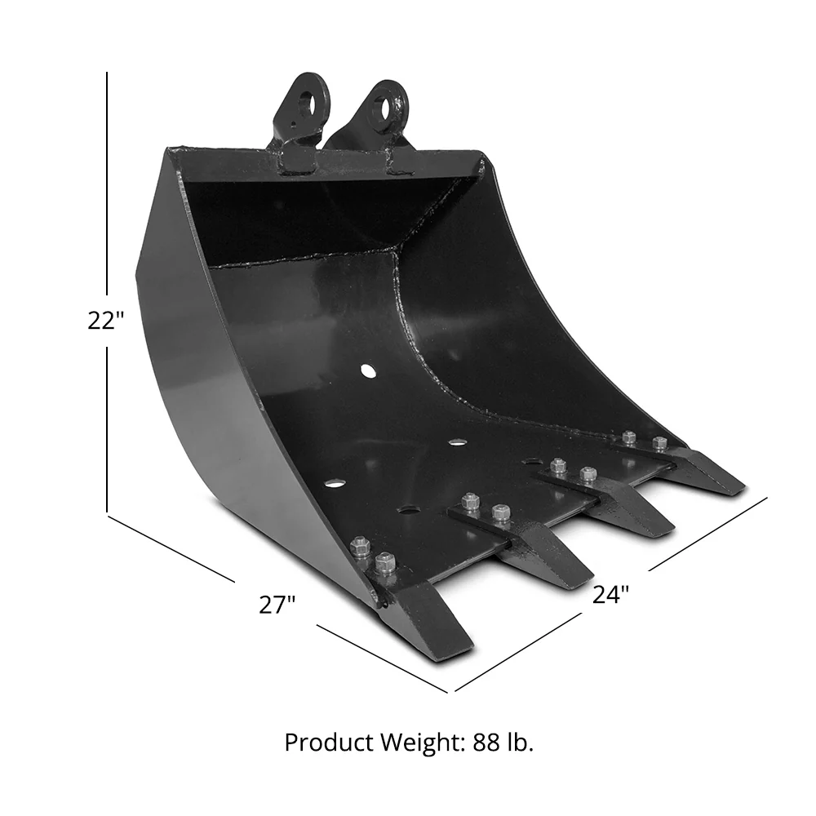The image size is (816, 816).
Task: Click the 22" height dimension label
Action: (105, 321)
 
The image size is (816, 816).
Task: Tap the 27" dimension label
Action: (277, 605)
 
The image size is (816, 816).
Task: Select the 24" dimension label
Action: (610, 595)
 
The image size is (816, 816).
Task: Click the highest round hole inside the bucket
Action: (369, 372)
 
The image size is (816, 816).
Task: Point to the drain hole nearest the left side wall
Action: (334, 484)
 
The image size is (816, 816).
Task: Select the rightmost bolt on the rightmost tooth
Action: (659, 444)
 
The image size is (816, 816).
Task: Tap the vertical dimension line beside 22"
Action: (107, 204)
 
